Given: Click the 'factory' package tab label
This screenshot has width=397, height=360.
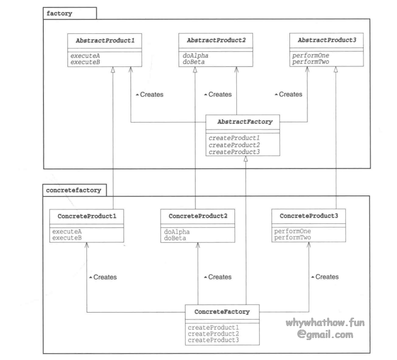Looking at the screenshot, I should point(59,13).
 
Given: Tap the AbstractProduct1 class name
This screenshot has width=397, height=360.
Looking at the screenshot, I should point(104,40).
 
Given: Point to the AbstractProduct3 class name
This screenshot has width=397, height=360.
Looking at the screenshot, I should point(327,40).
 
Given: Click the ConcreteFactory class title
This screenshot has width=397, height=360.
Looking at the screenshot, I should point(222,312).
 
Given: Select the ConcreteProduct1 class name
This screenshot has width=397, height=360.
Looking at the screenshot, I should point(87,216).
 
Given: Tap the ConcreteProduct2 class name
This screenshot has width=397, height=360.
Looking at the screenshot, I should point(198,216).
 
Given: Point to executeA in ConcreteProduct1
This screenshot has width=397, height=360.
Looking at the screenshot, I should point(67,231).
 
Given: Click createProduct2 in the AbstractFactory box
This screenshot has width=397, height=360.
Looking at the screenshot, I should point(234,145).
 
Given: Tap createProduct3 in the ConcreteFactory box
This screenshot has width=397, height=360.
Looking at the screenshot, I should point(213,340).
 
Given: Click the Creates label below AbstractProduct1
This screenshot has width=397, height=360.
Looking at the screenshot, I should point(149,94).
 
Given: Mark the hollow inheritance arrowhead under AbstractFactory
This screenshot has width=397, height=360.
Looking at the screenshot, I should point(246,159).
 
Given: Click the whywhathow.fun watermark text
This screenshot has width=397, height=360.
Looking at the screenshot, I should point(325,323).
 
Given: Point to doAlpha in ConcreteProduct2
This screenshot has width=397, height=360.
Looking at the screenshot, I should point(177,232).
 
